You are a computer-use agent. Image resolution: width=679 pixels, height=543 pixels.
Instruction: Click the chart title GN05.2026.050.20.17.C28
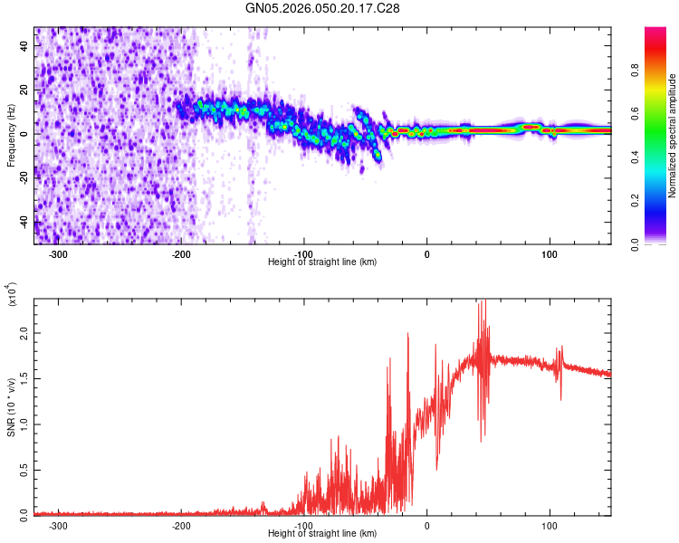point(322,8)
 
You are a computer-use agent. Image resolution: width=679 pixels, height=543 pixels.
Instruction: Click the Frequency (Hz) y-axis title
point(11,136)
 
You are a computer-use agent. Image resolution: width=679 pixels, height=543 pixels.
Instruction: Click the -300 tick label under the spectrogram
point(59,254)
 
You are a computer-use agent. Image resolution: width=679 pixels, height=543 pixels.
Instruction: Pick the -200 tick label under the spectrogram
point(181,254)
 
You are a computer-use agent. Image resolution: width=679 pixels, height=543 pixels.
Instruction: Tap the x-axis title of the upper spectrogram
point(322,262)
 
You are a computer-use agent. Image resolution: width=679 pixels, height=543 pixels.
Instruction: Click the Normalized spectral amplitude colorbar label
point(672,136)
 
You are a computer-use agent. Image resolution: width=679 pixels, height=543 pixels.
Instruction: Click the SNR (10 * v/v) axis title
point(11,407)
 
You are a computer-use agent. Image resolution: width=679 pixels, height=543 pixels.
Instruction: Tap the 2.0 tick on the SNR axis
point(23,333)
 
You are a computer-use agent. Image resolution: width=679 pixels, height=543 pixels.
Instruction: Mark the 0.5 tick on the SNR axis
point(23,469)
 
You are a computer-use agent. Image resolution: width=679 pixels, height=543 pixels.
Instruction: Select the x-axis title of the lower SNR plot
point(322,534)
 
